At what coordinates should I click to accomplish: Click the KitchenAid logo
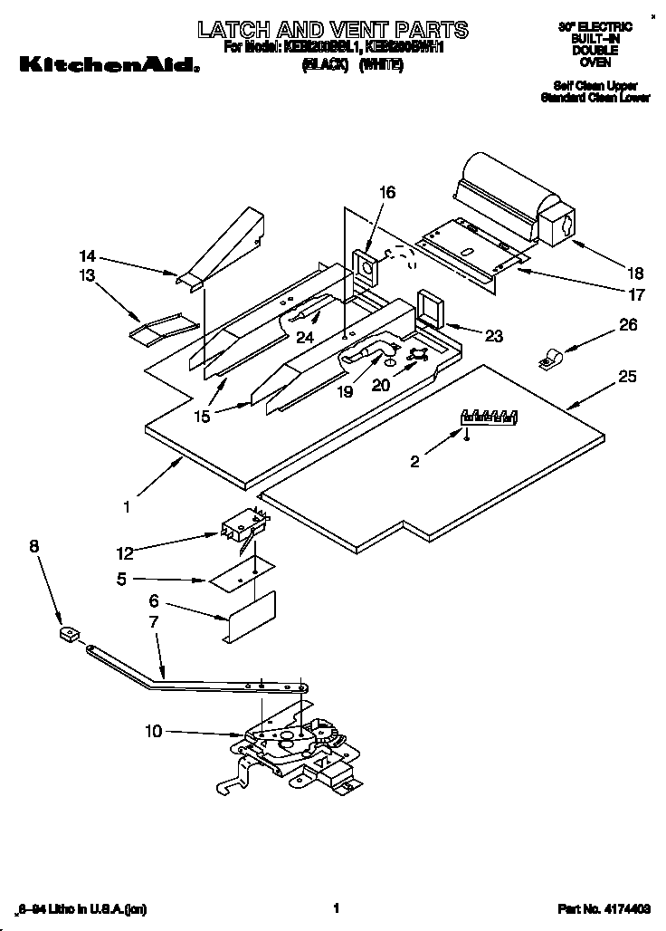click(107, 63)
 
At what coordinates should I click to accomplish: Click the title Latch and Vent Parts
click(333, 30)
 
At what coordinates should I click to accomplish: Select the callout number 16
click(386, 192)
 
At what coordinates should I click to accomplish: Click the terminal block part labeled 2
click(489, 418)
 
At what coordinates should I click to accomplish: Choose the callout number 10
click(154, 731)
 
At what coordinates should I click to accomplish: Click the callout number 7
click(154, 622)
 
